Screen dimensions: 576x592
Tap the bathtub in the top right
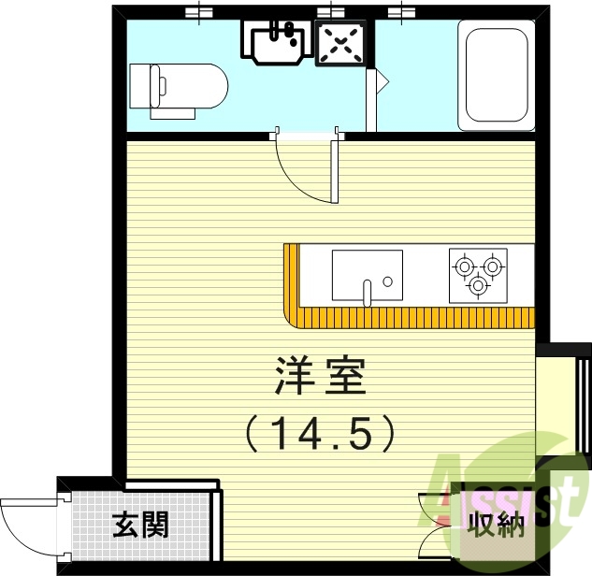click(495, 78)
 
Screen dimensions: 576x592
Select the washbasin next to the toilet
click(277, 39)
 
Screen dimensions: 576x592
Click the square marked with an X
click(340, 43)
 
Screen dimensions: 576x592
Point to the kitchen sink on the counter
click(367, 275)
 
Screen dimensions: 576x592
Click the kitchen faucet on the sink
click(369, 291)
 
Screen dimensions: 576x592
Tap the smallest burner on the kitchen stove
click(478, 284)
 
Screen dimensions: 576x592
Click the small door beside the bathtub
click(379, 83)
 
